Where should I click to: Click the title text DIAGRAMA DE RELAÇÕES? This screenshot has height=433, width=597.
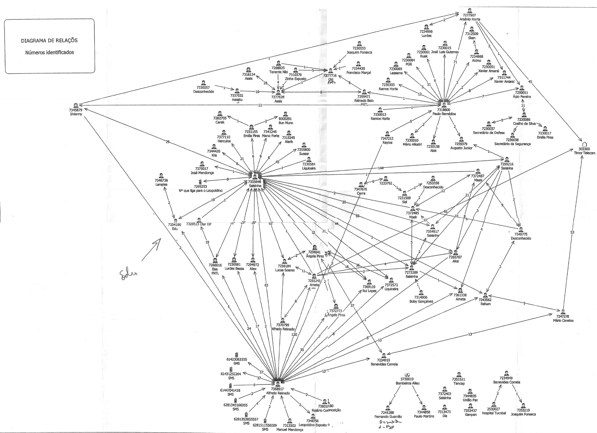49,40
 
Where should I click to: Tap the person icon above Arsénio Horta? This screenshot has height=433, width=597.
469,11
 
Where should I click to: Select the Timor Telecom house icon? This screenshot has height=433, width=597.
585,144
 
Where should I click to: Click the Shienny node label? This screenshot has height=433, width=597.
76,114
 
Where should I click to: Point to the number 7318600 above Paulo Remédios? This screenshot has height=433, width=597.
444,109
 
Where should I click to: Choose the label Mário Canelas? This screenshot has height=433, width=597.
563,320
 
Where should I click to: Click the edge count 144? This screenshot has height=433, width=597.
381,168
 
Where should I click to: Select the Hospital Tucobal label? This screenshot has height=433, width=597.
494,413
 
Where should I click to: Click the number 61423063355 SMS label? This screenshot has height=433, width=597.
237,361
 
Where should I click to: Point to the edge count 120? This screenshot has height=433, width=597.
294,334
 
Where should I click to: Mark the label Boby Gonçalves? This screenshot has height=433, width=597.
421,301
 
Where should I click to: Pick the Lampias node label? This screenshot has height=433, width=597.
161,185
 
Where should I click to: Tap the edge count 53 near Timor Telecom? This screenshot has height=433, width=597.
572,232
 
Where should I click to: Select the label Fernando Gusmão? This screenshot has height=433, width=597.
388,416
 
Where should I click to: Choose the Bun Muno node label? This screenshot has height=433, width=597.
285,123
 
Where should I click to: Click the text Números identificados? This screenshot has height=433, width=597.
49,52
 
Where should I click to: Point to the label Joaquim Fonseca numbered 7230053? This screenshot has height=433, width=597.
359,52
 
